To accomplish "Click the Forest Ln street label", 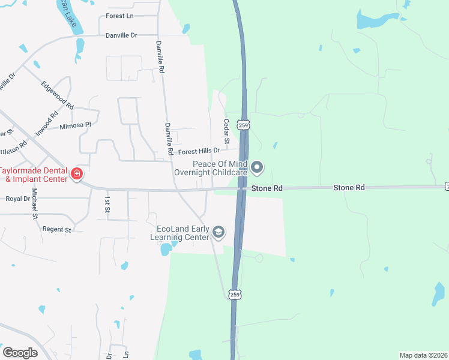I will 119,16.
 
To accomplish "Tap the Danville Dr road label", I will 121,35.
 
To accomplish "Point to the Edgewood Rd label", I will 57,95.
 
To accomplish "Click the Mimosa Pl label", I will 75,125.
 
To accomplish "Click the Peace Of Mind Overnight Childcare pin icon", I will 257,167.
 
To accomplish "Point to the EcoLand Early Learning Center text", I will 182,233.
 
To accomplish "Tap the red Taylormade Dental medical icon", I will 77,175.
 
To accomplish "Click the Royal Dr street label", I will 18,199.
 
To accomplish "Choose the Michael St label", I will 35,203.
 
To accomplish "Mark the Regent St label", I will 56,229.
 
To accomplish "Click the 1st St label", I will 107,204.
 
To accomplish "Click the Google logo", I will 20,352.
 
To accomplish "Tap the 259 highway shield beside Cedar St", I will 243,125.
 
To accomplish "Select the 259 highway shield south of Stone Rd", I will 235,294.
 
